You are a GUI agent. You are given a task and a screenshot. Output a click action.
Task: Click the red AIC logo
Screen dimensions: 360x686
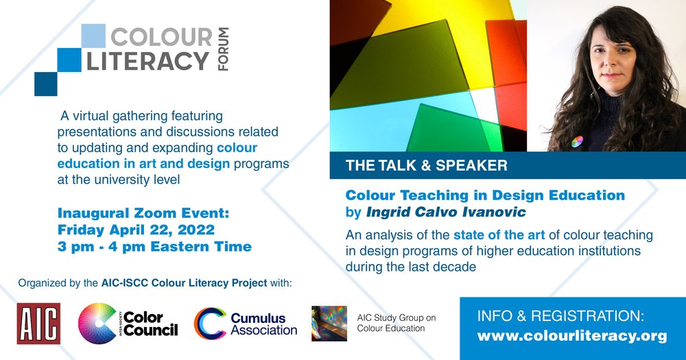[38, 323]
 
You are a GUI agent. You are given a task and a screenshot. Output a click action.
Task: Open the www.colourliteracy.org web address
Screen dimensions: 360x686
[572, 336]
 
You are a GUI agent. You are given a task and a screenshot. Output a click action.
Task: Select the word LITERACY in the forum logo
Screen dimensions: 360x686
[147, 61]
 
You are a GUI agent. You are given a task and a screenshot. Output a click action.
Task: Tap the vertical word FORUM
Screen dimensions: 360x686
[223, 49]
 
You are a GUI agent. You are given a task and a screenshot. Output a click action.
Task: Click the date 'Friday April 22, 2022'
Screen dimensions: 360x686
[137, 230]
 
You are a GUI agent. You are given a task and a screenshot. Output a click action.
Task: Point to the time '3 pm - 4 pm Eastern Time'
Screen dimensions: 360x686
[154, 246]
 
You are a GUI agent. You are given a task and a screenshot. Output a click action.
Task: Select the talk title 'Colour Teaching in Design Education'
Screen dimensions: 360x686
[485, 195]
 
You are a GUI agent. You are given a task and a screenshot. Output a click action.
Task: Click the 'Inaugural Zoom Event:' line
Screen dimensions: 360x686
[143, 213]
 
